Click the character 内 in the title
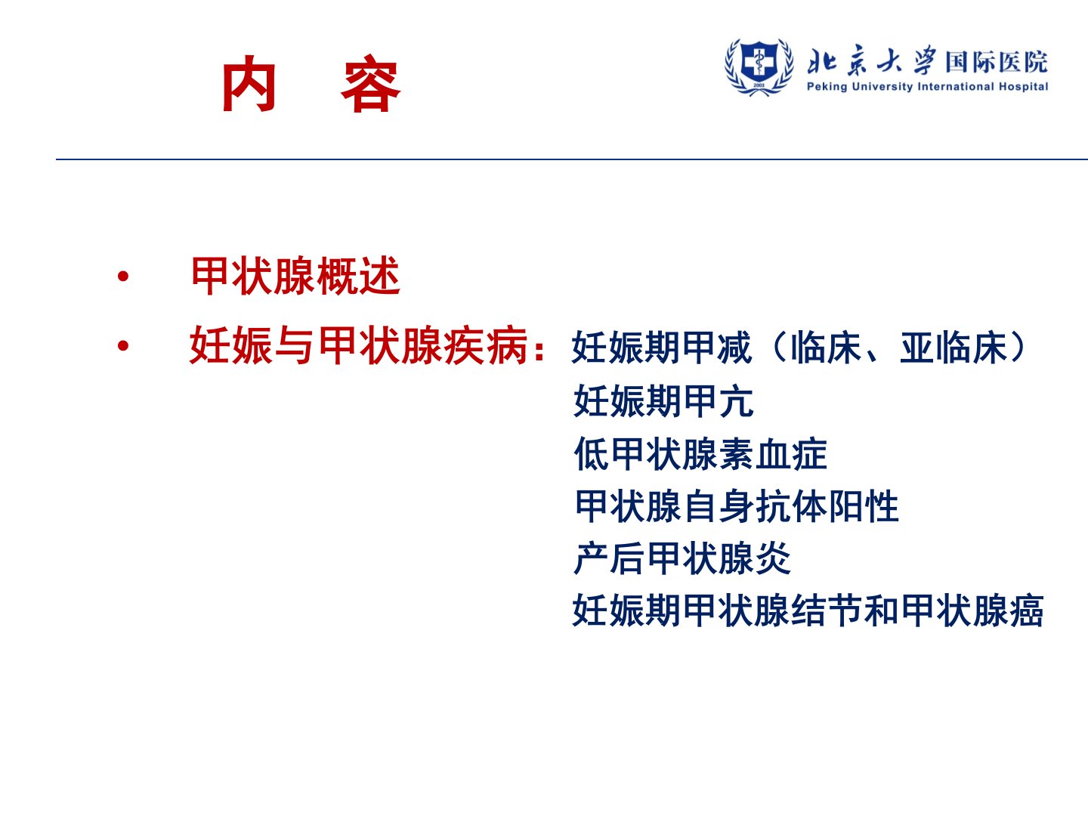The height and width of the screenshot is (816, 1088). (249, 83)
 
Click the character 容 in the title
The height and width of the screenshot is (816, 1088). (370, 83)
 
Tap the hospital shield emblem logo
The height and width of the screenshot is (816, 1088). (759, 66)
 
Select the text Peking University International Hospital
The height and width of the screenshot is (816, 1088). (927, 87)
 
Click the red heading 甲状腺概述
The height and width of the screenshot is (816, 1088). (295, 276)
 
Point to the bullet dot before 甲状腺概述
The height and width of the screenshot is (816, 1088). (123, 276)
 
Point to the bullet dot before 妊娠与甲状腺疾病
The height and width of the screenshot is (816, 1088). (123, 345)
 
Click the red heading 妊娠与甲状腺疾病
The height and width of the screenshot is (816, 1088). (359, 345)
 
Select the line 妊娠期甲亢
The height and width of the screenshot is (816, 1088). (663, 400)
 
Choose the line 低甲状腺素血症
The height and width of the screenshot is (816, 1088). (700, 454)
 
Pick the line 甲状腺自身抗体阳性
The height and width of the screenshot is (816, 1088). (737, 506)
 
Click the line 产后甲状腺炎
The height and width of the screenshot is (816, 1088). (682, 558)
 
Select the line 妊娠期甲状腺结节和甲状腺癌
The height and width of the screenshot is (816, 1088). (808, 610)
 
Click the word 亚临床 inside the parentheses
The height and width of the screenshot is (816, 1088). (954, 348)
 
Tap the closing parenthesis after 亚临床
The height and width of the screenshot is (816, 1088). (1018, 348)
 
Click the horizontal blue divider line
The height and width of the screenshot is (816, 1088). (572, 159)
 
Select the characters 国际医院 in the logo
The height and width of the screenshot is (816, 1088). (997, 62)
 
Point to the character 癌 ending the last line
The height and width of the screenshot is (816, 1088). (1026, 610)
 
